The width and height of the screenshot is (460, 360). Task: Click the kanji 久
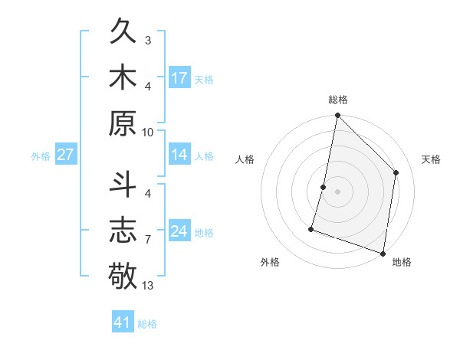[x=123, y=33]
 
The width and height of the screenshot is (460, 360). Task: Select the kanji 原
[x=123, y=123]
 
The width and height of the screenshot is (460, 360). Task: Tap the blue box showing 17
[x=179, y=78]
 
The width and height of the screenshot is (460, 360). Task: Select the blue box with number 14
[x=179, y=155]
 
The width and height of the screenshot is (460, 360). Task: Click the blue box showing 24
[x=179, y=231]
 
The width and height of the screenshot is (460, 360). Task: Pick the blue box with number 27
[x=65, y=155]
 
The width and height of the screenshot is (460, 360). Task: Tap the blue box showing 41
[x=123, y=322]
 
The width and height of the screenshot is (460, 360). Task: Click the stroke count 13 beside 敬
[x=148, y=286]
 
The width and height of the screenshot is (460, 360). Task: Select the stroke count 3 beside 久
[x=148, y=40]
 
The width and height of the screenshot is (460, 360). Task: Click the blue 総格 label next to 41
[x=147, y=324]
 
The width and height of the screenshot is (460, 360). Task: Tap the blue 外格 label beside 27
[x=41, y=156]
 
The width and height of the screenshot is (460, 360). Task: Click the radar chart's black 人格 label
[x=245, y=159]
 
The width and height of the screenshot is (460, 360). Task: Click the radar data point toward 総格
[x=337, y=116]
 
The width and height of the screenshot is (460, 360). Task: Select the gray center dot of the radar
[x=337, y=191]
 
